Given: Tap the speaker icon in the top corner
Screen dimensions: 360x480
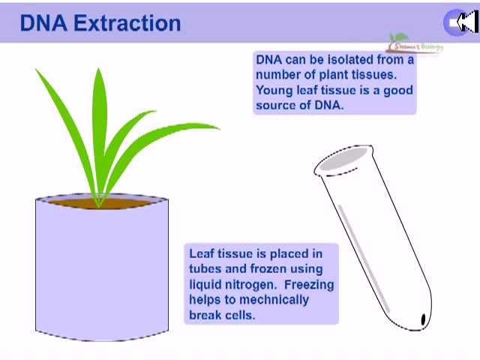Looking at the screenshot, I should click(x=460, y=22).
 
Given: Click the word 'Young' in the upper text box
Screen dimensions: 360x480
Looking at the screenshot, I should click(x=274, y=90).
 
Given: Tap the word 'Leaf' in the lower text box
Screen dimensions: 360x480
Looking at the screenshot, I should click(x=201, y=254).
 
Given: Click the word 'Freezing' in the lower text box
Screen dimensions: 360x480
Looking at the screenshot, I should click(x=308, y=284).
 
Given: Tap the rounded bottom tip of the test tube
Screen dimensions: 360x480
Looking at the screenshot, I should click(x=421, y=321).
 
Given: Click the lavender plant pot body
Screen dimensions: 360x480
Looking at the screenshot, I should click(x=102, y=270).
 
